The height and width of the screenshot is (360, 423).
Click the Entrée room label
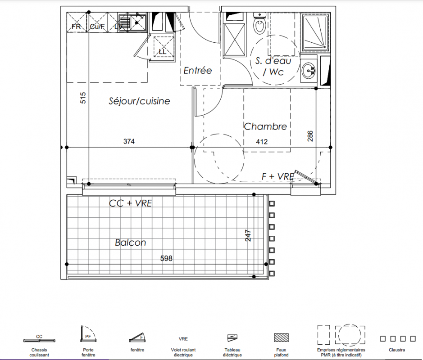point(198,70)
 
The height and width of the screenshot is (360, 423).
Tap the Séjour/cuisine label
point(139,101)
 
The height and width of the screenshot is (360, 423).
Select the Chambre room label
point(265,126)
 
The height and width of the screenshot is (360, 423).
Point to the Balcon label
point(130,242)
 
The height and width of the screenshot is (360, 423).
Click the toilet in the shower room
point(260,24)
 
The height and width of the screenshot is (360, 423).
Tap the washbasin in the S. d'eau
point(308,71)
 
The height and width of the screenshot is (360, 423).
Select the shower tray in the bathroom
point(316,33)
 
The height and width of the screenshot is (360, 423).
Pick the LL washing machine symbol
point(163,47)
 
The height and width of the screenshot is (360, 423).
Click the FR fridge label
point(76,27)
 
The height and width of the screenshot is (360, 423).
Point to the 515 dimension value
point(83,98)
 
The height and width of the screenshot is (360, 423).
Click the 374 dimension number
point(129,141)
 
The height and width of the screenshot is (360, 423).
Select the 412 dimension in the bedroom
point(262,141)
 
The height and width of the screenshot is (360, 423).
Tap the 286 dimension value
point(310,136)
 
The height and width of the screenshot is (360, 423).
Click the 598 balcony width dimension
point(166,258)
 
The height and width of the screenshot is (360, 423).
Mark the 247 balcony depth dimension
point(248,235)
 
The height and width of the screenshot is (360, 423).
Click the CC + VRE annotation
point(130,203)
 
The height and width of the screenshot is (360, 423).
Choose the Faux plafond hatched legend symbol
point(282,337)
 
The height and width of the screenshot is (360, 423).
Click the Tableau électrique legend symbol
point(232,337)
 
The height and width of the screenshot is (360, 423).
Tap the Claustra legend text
point(397,350)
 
